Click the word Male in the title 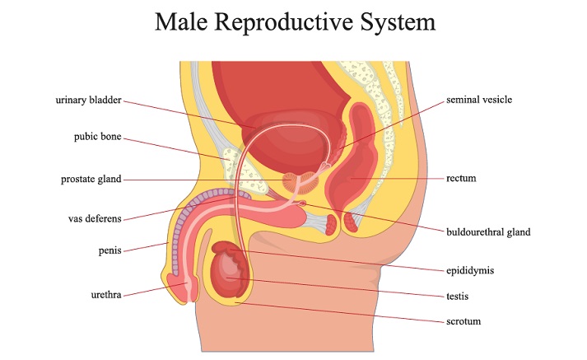181,21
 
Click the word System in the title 398,22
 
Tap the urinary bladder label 88,101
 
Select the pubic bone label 97,137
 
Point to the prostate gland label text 91,180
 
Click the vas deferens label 95,218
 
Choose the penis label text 109,250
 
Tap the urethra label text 106,295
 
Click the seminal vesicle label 479,100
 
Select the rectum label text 461,178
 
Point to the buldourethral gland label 488,232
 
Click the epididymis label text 470,270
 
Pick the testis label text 457,297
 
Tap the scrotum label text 464,321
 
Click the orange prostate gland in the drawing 300,183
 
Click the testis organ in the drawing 226,275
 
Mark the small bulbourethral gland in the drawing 302,203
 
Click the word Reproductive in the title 283,23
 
